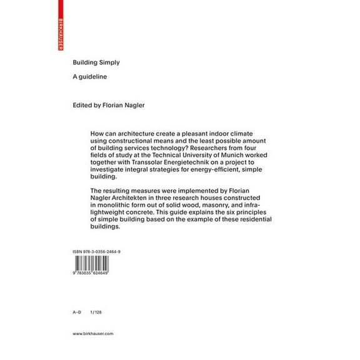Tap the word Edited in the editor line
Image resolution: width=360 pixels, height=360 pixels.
[x=83, y=104]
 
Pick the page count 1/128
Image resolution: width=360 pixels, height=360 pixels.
[x=96, y=311]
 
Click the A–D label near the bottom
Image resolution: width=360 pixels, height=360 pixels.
[x=77, y=311]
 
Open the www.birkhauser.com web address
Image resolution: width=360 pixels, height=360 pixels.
[x=92, y=334]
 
